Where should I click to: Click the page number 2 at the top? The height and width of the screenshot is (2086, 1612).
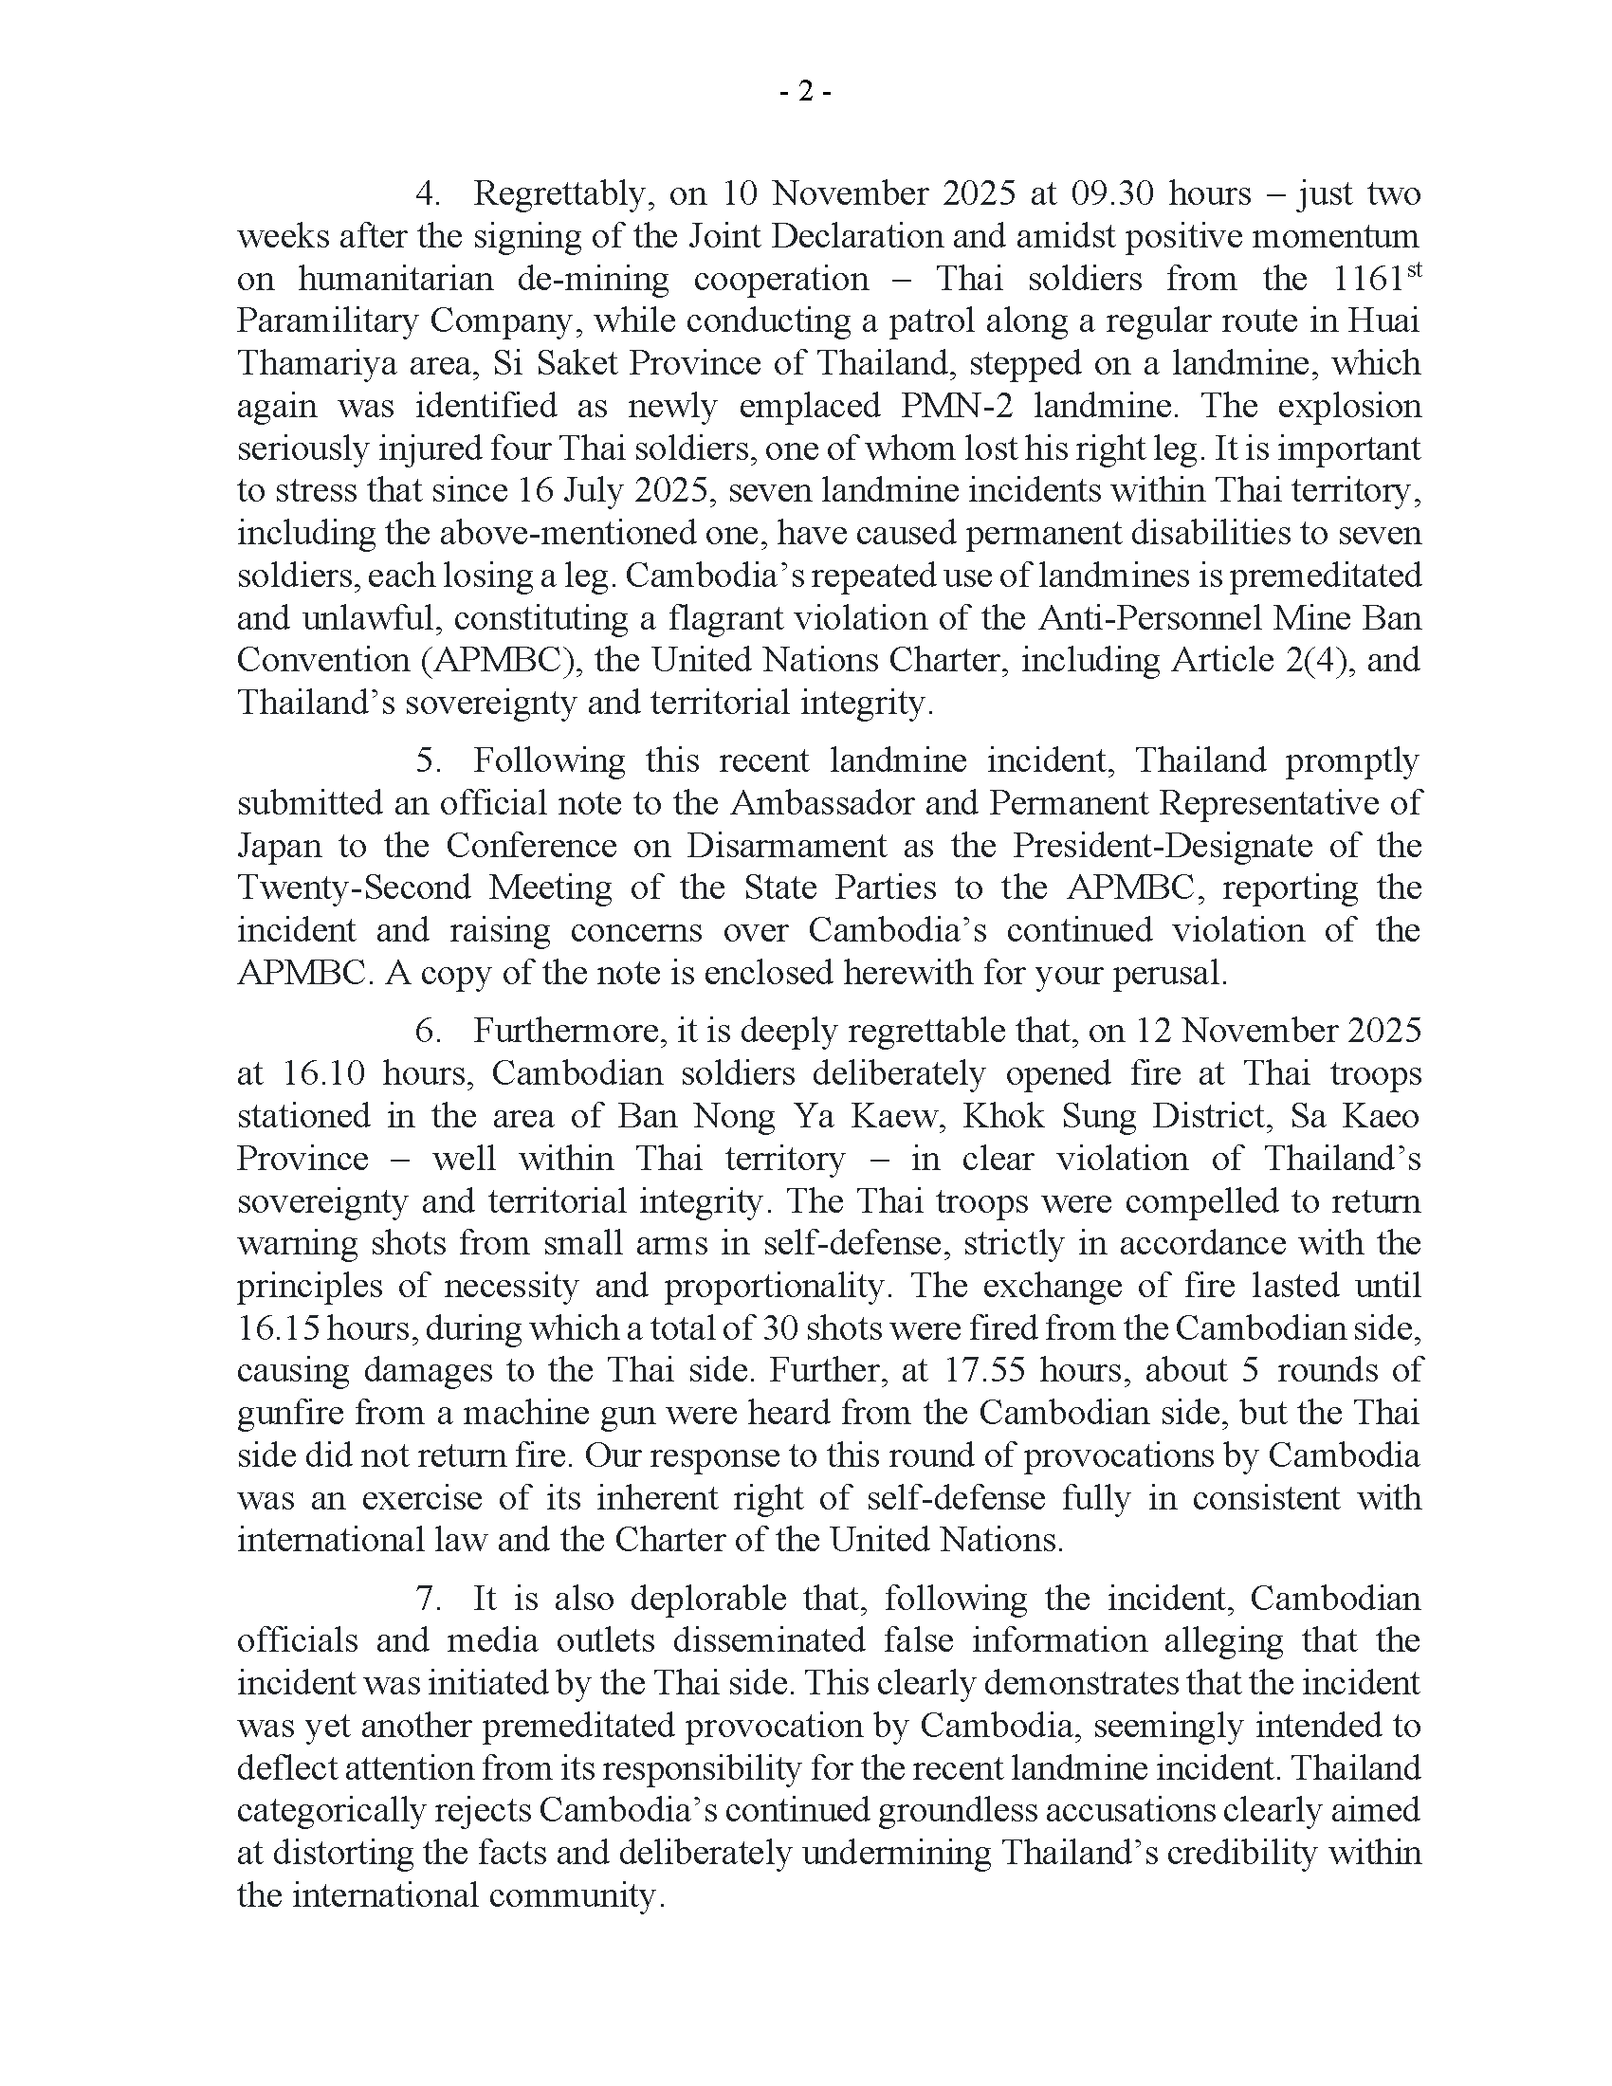click(805, 92)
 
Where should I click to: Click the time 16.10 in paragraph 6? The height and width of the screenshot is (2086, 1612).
click(321, 1073)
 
